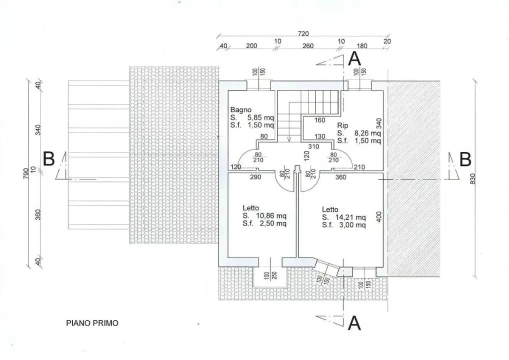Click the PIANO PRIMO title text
click(92, 323)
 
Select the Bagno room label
click(240, 109)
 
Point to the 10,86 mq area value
click(270, 216)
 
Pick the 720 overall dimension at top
click(303, 33)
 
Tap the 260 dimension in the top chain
click(308, 46)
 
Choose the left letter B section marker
click(48, 159)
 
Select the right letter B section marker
click(465, 159)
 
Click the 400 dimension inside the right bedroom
click(378, 217)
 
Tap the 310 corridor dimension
click(313, 146)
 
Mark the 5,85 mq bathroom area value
click(260, 117)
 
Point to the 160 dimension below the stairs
click(320, 120)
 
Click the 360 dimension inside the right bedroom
click(342, 177)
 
